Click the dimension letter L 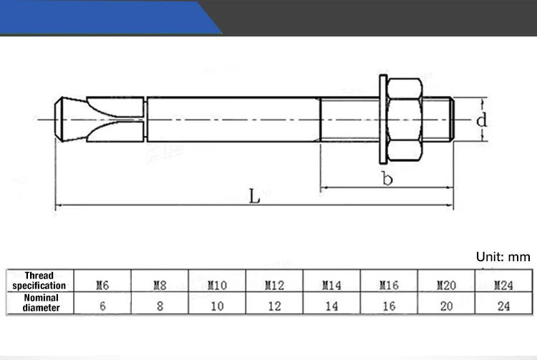(254, 196)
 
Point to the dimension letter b (387, 179)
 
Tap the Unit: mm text (503, 257)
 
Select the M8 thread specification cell (160, 285)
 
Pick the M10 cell (217, 285)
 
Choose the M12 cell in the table (274, 285)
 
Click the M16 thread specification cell (389, 285)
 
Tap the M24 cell (503, 285)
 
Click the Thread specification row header (39, 281)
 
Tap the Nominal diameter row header (39, 303)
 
